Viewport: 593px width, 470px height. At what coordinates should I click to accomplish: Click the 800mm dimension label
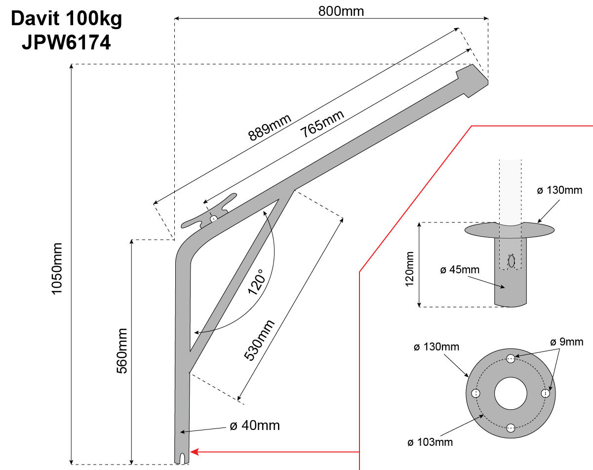(341, 11)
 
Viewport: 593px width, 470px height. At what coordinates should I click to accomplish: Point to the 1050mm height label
(58, 269)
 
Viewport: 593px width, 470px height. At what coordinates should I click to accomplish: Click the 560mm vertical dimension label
(122, 351)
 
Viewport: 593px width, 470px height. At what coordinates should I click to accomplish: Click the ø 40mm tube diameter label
(255, 426)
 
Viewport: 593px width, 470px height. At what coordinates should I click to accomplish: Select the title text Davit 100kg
(66, 19)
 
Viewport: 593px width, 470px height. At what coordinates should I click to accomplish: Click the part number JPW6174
(66, 43)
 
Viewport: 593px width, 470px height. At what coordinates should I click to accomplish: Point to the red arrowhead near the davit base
(194, 451)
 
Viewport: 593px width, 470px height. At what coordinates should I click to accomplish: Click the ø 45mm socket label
(459, 270)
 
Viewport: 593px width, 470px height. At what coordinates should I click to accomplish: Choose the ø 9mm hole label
(567, 342)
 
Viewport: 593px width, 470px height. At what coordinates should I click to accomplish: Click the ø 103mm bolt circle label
(430, 442)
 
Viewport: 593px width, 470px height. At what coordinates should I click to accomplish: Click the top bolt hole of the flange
(511, 359)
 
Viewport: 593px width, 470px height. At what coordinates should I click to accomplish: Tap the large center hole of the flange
(511, 393)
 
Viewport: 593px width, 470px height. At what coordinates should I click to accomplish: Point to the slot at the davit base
(183, 458)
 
